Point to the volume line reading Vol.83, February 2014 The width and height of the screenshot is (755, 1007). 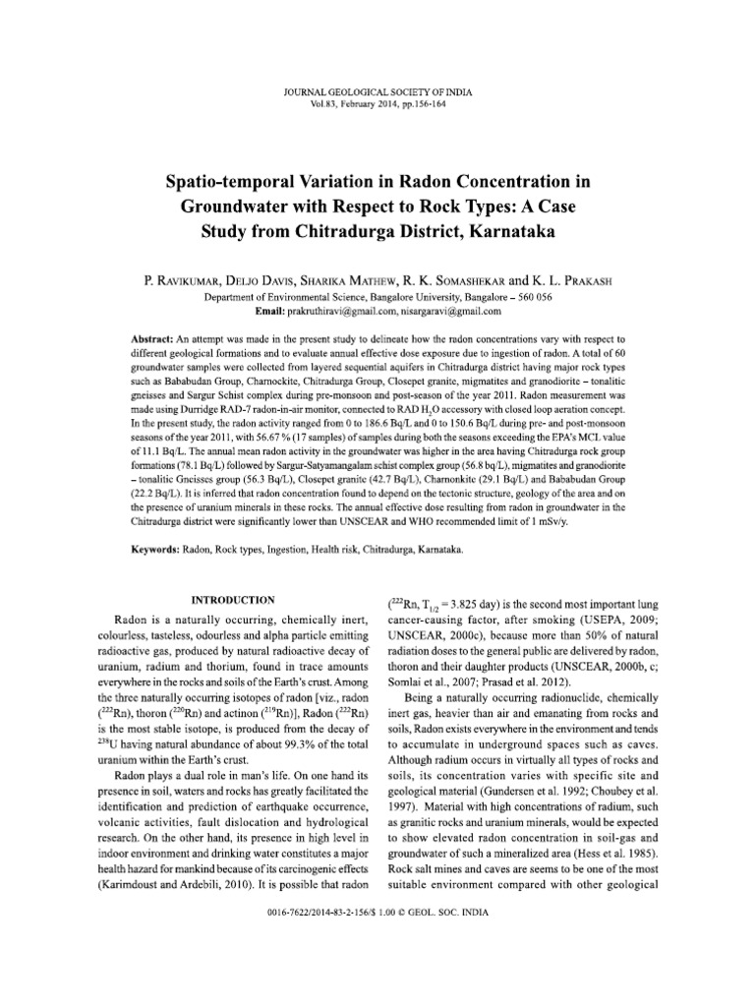coord(377,76)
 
